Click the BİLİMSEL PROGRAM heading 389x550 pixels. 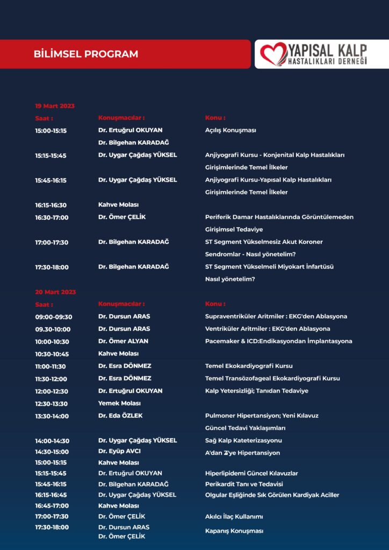pyautogui.click(x=85, y=54)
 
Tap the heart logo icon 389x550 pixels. pyautogui.click(x=273, y=54)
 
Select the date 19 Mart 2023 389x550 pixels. pyautogui.click(x=55, y=106)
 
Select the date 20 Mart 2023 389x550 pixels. pyautogui.click(x=55, y=292)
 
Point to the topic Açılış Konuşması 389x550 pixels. pyautogui.click(x=230, y=131)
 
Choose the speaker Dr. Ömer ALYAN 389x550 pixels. pyautogui.click(x=123, y=341)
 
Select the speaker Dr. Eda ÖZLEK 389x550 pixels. pyautogui.click(x=120, y=416)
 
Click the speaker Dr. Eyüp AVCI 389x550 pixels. pyautogui.click(x=119, y=452)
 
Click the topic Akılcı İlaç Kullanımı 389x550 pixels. pyautogui.click(x=234, y=517)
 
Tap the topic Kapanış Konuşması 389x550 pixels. pyautogui.click(x=234, y=531)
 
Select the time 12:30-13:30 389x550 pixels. pyautogui.click(x=52, y=403)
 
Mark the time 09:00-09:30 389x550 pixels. pyautogui.click(x=54, y=317)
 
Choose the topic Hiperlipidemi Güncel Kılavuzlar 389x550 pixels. pyautogui.click(x=251, y=473)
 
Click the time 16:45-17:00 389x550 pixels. pyautogui.click(x=52, y=505)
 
